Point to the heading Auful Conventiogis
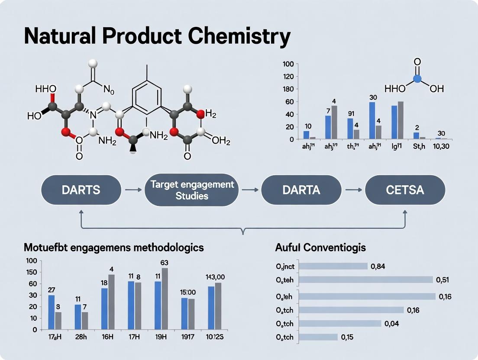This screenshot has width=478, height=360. tap(320, 248)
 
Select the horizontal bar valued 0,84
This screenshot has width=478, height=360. tap(333, 266)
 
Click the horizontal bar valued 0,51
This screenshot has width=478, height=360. tap(366, 280)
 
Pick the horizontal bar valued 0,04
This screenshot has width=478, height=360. tap(340, 323)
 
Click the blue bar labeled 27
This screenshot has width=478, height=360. tap(52, 312)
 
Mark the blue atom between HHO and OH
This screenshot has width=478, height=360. tap(417, 79)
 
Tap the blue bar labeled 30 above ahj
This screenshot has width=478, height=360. tap(372, 121)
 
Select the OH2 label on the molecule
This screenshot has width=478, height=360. tap(221, 142)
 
